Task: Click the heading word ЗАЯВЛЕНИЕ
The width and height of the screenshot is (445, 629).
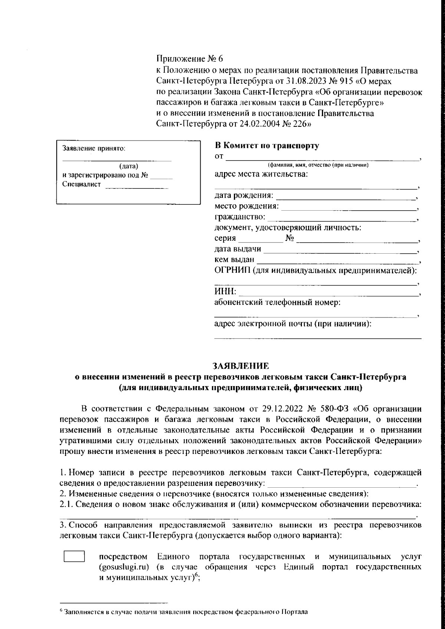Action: point(240,366)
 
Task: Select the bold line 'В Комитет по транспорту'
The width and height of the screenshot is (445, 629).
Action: point(267,146)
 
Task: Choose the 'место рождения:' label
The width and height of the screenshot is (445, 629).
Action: point(247,206)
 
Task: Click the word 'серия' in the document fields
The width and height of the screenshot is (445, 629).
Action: point(225,238)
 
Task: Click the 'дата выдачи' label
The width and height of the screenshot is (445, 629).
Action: point(238,249)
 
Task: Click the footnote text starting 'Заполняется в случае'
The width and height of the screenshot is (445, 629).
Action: point(185,612)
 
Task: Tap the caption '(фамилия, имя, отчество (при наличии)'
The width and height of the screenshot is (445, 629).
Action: point(318,165)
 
